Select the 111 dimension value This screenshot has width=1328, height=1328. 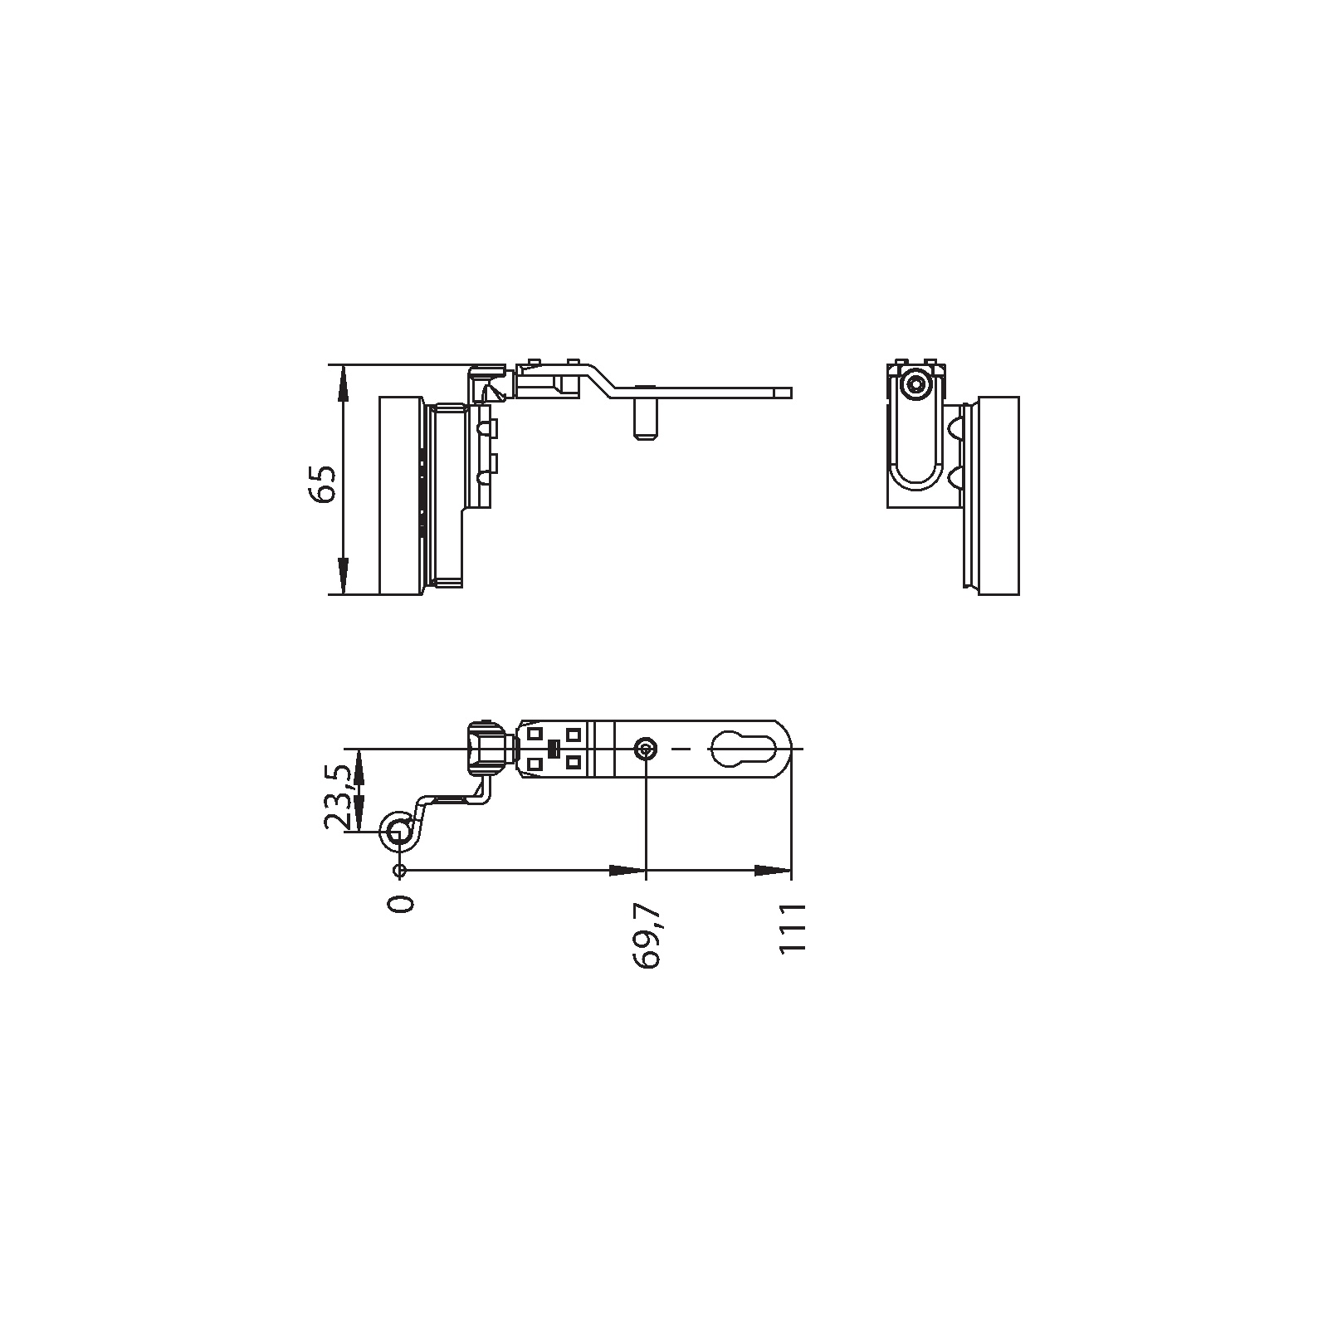pos(793,929)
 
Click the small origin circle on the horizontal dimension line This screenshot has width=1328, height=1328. pos(400,870)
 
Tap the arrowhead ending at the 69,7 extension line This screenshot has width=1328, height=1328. pos(627,870)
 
